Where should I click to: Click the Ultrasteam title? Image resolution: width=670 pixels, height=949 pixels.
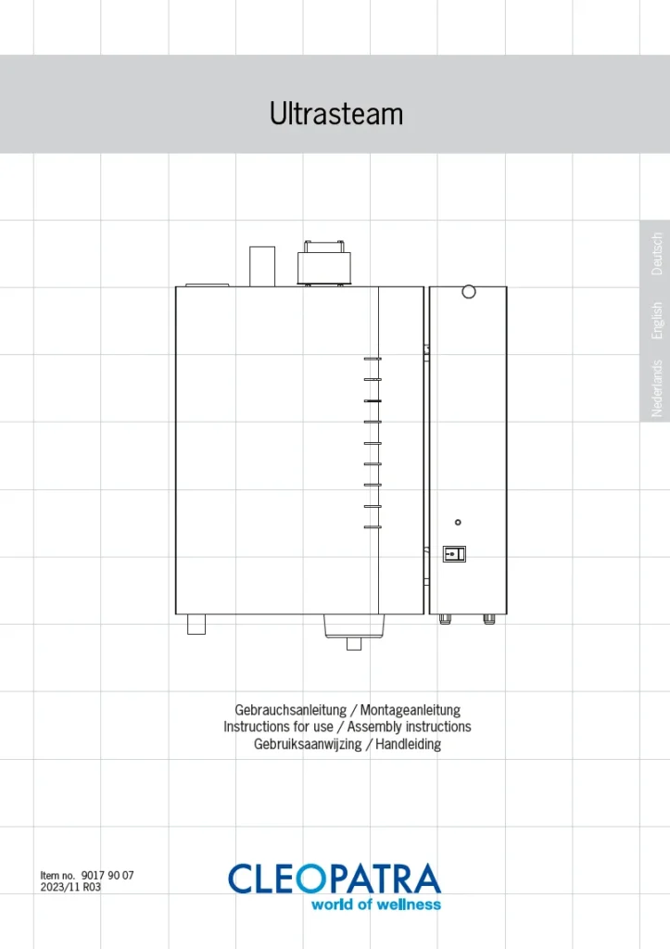click(335, 113)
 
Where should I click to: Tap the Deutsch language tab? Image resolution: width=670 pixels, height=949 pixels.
click(657, 254)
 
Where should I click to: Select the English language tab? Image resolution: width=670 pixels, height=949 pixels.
click(657, 321)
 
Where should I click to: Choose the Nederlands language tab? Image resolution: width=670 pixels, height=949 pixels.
click(657, 388)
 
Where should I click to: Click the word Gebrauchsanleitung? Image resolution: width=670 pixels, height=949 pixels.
click(290, 710)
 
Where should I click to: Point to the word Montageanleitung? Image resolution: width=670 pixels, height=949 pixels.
click(411, 710)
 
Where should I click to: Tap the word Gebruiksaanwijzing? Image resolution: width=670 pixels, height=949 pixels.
click(308, 744)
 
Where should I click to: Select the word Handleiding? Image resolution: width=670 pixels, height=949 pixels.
click(409, 744)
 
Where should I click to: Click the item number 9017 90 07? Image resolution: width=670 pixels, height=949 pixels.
click(107, 875)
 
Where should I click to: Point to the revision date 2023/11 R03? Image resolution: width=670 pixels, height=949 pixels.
click(70, 887)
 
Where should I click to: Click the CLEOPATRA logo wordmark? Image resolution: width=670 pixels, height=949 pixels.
click(335, 879)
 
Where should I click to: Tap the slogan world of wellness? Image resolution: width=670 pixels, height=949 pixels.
click(376, 905)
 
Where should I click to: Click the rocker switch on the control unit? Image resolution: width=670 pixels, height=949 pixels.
click(454, 554)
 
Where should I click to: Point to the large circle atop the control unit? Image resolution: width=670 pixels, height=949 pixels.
click(469, 292)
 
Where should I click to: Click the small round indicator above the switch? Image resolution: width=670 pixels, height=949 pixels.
click(458, 523)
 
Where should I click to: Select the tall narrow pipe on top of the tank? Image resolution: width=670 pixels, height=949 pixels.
click(262, 266)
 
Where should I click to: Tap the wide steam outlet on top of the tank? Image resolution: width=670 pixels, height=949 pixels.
click(323, 263)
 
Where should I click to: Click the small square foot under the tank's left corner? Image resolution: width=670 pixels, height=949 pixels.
click(196, 624)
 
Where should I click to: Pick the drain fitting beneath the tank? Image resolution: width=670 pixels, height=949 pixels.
click(354, 631)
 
